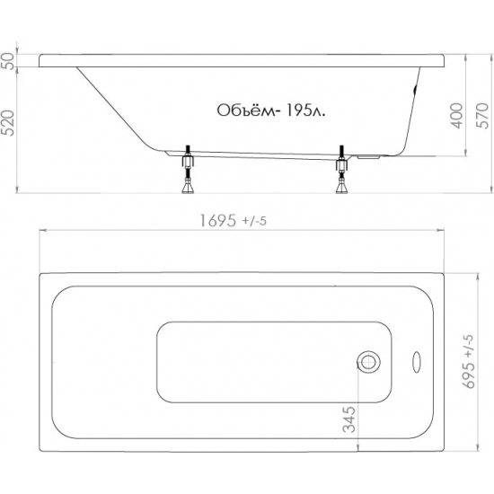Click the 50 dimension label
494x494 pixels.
(9, 61)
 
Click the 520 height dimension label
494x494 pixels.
(9, 123)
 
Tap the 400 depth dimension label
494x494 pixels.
(458, 116)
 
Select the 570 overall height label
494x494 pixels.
(483, 116)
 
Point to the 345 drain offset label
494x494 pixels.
(349, 419)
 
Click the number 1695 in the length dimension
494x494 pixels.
(217, 221)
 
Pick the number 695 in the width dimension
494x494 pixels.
(469, 375)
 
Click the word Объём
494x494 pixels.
(245, 110)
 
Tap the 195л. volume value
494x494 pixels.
(304, 110)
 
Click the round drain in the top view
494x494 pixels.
(368, 362)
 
